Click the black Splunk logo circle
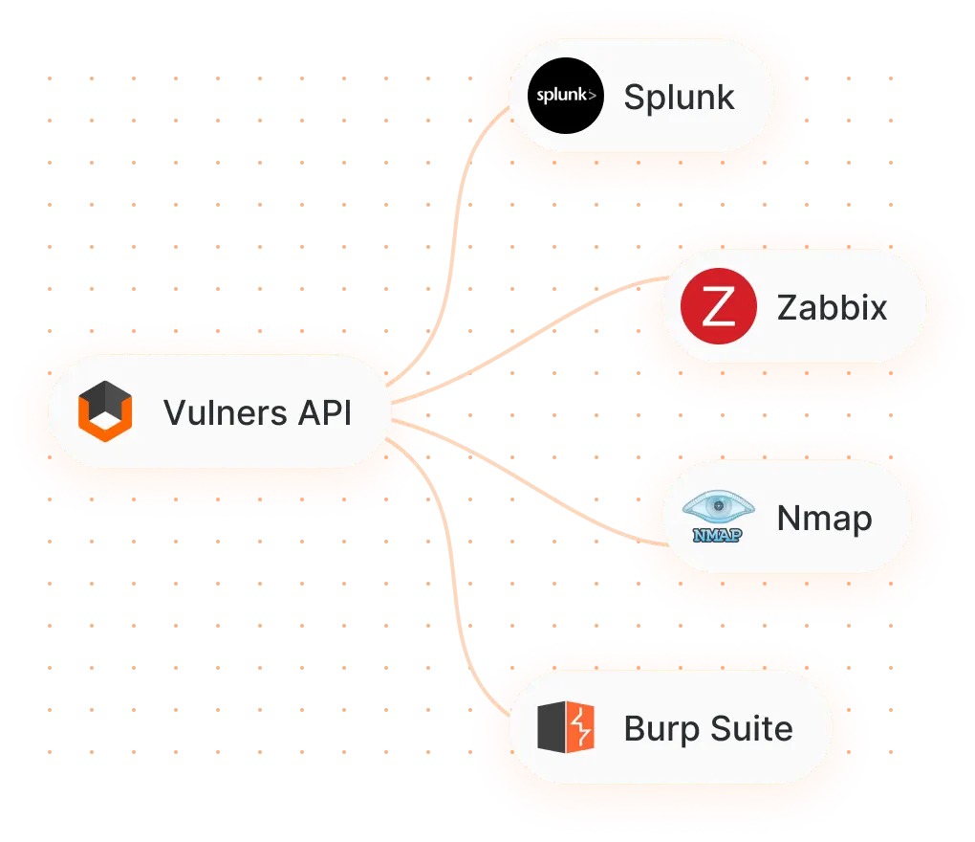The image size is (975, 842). pos(566,96)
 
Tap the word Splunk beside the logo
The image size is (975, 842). pos(679,97)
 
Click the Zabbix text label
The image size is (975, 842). pos(832,307)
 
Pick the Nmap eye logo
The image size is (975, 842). pos(723,508)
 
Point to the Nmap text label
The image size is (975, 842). pos(824,518)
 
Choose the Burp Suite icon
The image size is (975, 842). pos(566,728)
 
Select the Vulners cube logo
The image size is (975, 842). pos(104,412)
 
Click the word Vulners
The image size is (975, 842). pos(225,413)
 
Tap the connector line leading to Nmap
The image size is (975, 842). pos(535,483)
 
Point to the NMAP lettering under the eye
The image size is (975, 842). pos(717,534)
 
